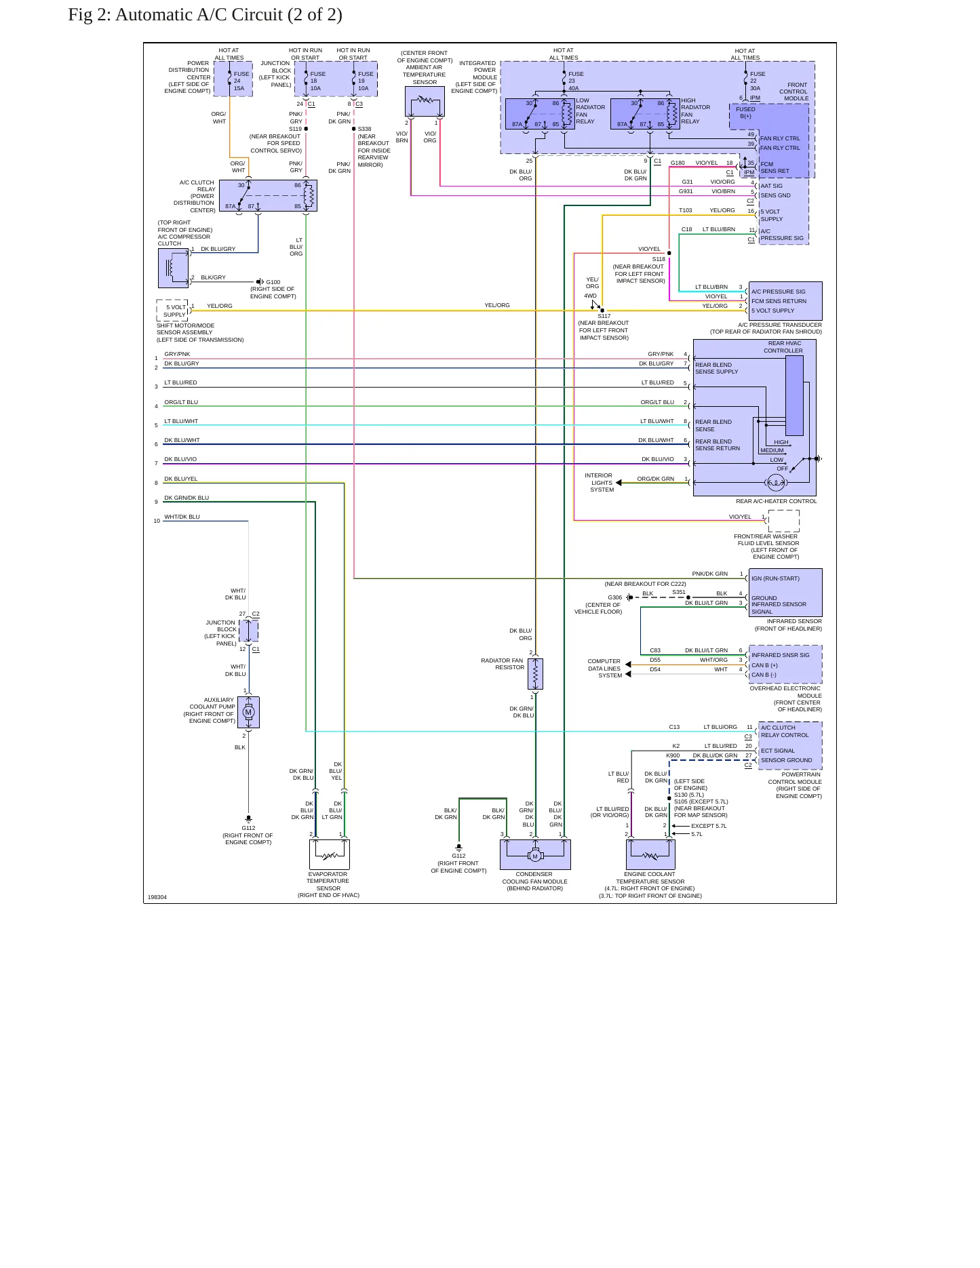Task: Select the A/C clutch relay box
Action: tap(268, 195)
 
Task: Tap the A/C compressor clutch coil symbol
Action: tap(173, 269)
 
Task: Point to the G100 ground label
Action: tap(273, 282)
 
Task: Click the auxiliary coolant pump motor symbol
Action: tap(248, 712)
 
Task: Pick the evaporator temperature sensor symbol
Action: tap(329, 854)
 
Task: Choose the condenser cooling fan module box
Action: tap(535, 854)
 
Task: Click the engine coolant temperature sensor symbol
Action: tap(650, 854)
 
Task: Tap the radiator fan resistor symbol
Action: tap(536, 674)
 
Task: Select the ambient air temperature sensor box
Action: tap(425, 101)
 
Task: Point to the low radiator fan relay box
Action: tap(540, 114)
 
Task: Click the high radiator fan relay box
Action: tap(645, 114)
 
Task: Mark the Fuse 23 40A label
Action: tap(575, 81)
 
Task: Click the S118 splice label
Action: tap(659, 259)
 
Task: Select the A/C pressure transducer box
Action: tap(785, 301)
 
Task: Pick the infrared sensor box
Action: tap(785, 593)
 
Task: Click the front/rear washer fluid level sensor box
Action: tap(783, 521)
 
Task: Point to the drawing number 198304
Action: tap(157, 897)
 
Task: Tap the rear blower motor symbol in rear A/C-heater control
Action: tap(776, 483)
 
